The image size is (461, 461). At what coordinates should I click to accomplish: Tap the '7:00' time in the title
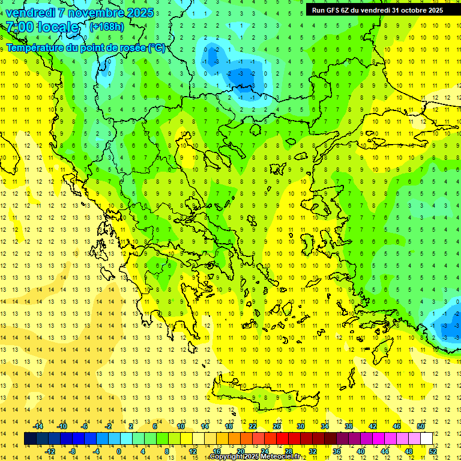tap(20, 27)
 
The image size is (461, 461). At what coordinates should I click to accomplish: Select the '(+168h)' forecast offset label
tap(107, 26)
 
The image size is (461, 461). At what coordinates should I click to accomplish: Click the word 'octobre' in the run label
tap(411, 10)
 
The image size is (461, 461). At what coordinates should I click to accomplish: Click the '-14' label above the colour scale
tap(38, 426)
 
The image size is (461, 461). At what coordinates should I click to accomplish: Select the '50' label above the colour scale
tap(420, 426)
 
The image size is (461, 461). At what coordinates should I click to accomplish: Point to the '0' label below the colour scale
tap(119, 451)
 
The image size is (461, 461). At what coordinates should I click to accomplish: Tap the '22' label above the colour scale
tap(253, 426)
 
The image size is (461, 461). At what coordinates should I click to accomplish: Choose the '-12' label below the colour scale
tap(50, 451)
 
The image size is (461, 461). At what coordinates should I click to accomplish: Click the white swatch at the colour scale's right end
tap(426, 439)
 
